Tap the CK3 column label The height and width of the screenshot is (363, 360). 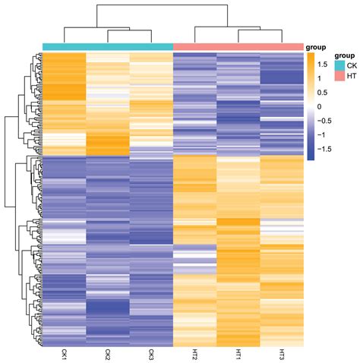point(151,354)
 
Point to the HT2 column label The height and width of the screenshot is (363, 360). point(195,354)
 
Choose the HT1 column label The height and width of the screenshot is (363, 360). point(238,354)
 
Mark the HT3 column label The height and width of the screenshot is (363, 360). point(283,354)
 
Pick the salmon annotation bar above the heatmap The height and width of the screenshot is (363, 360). point(238,47)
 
